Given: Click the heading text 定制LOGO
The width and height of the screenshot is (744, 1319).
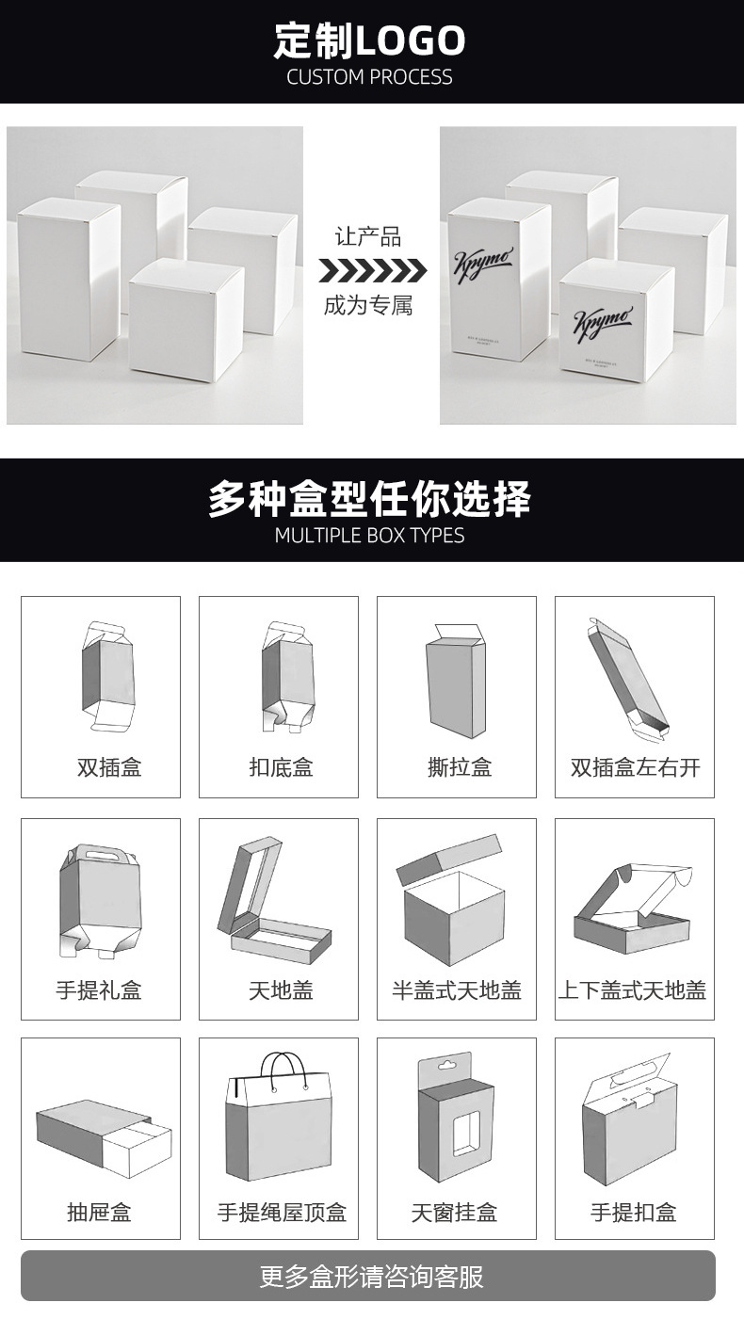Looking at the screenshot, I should [370, 40].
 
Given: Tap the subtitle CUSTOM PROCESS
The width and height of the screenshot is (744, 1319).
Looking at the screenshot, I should [370, 77].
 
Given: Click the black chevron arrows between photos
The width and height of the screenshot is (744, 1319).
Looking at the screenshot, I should [371, 271].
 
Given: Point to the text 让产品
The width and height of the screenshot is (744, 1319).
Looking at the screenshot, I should [368, 236].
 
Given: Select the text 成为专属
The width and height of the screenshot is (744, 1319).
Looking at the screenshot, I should [368, 305].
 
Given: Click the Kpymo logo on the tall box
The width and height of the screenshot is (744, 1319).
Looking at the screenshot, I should [483, 260].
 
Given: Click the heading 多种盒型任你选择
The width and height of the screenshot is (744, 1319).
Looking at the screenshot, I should [370, 498].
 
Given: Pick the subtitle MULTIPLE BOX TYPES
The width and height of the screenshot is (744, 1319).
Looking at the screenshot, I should [370, 536].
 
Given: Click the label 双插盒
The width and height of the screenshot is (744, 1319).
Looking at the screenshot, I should [109, 767].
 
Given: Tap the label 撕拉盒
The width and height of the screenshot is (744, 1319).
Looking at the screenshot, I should [459, 767].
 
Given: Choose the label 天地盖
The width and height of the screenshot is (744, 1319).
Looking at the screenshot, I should [281, 989].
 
